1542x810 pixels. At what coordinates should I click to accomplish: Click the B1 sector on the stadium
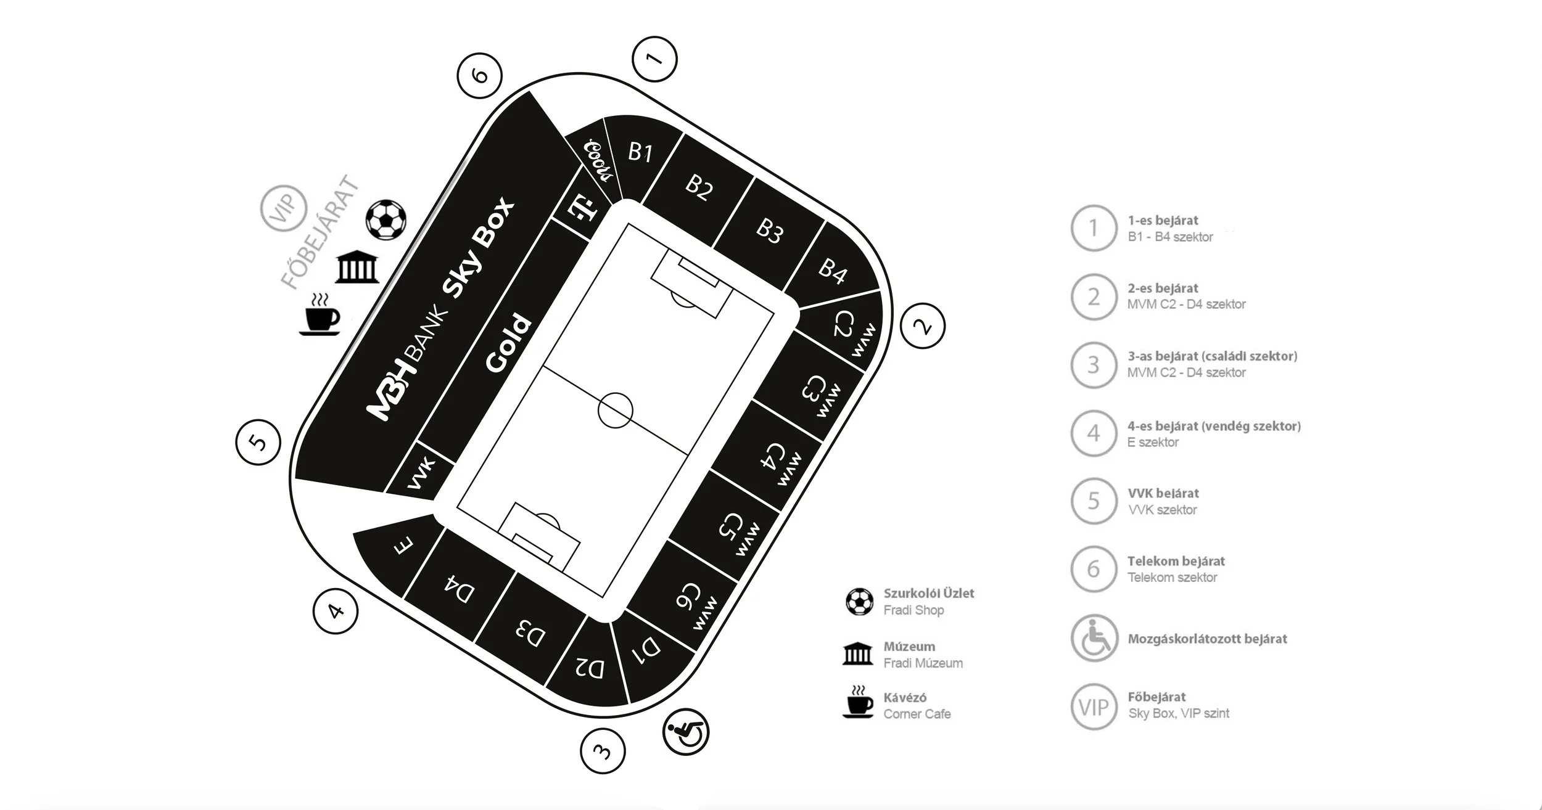(x=640, y=152)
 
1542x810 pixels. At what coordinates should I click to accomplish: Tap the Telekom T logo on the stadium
(x=582, y=207)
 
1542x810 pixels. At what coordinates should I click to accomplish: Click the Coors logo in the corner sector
(x=599, y=160)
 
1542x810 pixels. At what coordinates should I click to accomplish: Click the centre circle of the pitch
(x=615, y=410)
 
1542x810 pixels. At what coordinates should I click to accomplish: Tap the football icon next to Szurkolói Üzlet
(x=859, y=602)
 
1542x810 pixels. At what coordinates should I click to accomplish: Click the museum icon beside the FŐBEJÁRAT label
(x=357, y=268)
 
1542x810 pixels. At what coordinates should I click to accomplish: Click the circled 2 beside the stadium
(x=923, y=326)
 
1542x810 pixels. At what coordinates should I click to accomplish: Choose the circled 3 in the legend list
(x=1094, y=364)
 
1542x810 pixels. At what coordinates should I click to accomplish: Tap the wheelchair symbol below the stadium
(x=685, y=732)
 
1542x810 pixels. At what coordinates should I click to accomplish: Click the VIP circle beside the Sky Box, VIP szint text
(x=1094, y=706)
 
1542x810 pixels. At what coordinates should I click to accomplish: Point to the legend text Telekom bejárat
(x=1176, y=561)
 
